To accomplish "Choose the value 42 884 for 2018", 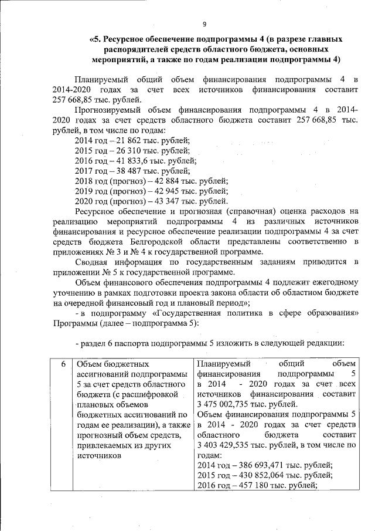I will (x=167, y=181).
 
